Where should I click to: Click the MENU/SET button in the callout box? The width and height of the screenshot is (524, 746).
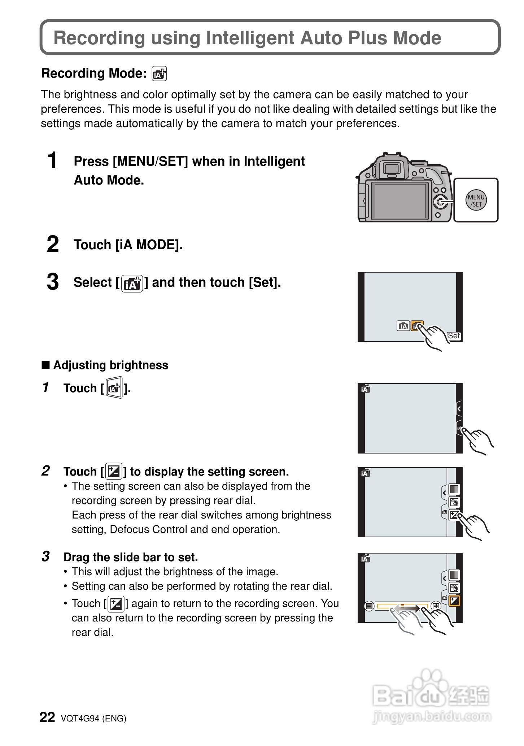click(476, 200)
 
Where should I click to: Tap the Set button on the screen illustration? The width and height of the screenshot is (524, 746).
click(454, 336)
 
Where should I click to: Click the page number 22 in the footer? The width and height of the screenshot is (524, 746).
click(47, 718)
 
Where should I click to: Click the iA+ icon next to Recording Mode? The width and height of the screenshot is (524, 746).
click(159, 74)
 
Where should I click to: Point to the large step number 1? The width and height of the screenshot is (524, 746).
click(52, 160)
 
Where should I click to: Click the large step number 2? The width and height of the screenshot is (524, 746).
click(53, 244)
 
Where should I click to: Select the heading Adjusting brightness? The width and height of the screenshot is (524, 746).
click(110, 365)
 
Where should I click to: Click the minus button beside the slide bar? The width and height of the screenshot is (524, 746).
click(369, 606)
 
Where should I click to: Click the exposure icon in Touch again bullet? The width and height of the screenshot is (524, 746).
click(116, 604)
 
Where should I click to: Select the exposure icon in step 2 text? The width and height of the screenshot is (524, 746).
click(114, 471)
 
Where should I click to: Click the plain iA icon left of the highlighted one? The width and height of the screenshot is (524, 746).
click(403, 326)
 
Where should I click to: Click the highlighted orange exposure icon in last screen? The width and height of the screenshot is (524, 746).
click(454, 601)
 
